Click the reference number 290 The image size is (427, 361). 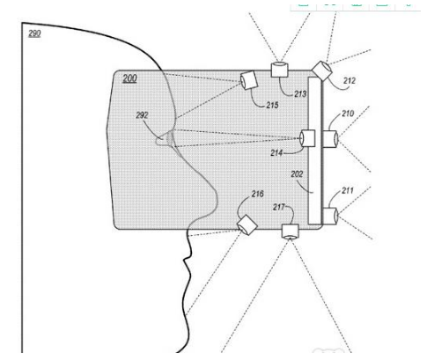tap(34, 33)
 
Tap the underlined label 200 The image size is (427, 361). tap(129, 78)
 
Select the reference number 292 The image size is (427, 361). tap(142, 115)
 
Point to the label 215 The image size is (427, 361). tap(272, 105)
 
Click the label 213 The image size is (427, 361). tap(300, 94)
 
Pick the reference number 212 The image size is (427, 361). tap(350, 80)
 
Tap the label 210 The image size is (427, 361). tap(348, 114)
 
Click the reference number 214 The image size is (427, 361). tap(276, 152)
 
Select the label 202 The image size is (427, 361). tap(297, 174)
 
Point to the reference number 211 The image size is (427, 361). tap(348, 191)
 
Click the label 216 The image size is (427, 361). tap(257, 194)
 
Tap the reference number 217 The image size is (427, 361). tap(279, 207)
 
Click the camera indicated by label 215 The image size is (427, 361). tap(249, 80)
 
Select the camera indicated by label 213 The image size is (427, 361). tap(279, 70)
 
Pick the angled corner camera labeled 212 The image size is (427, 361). tap(322, 70)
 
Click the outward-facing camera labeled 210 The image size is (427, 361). tap(330, 139)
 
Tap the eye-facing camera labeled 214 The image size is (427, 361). tap(307, 138)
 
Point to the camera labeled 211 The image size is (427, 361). tap(330, 216)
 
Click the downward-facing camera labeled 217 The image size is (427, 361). tap(291, 232)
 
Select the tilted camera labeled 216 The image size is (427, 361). tap(247, 225)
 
